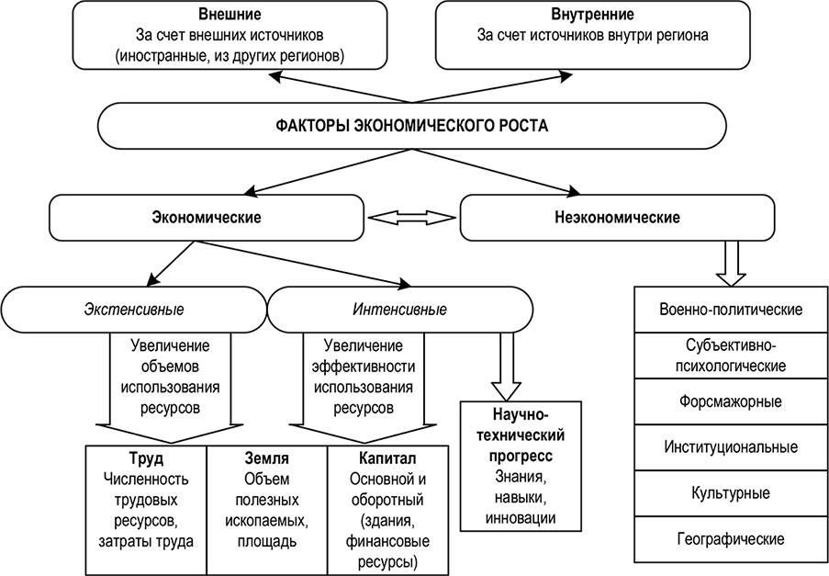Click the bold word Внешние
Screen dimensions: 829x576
coord(230,14)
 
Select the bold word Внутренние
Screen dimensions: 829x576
coord(592,14)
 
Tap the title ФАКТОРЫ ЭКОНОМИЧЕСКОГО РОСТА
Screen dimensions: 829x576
coord(412,126)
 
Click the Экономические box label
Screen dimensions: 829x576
coord(207,218)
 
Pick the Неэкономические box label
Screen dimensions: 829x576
coord(617,218)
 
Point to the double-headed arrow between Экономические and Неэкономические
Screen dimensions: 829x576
coord(412,218)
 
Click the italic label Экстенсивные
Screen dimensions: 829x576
coord(134,310)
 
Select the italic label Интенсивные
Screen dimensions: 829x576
coord(399,310)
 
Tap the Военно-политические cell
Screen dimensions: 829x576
coord(731,310)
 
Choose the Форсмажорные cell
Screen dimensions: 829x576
coord(731,401)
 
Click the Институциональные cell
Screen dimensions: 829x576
coord(731,447)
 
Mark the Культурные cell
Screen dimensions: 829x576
coord(731,493)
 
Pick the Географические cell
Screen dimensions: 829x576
coord(731,539)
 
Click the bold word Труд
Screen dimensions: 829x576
coord(146,458)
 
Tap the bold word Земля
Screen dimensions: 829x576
coord(267,458)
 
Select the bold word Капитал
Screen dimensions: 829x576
coord(387,458)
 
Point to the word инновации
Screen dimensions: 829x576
coord(521,518)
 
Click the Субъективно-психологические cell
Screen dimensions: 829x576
coord(731,356)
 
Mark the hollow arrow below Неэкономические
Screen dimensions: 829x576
coord(731,264)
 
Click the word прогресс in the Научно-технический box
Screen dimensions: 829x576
coord(521,456)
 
